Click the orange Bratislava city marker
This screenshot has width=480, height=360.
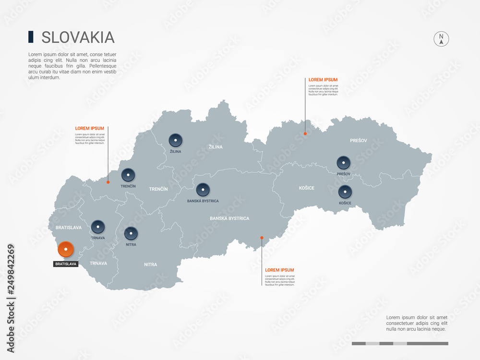tap(65, 250)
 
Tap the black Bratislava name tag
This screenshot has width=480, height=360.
tap(66, 264)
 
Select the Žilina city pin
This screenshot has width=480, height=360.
tap(176, 140)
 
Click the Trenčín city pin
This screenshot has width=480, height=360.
tap(128, 175)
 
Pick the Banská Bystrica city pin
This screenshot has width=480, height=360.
tap(203, 190)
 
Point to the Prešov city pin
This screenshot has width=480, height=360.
tap(343, 163)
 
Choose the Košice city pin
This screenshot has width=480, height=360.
tap(345, 192)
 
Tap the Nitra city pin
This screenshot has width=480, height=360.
tap(131, 234)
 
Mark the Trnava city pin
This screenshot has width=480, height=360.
tap(98, 227)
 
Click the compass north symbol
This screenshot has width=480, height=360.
tap(441, 39)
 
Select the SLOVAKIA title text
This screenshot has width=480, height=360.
tap(78, 37)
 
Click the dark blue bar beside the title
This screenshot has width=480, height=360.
tap(31, 37)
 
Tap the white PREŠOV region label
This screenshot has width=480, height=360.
tap(359, 141)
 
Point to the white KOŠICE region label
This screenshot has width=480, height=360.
tap(306, 188)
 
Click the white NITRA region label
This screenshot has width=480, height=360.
tap(151, 264)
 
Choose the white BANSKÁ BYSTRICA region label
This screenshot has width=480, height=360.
tap(229, 218)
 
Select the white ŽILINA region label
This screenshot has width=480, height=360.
tap(216, 147)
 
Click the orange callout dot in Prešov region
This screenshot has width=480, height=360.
tap(305, 133)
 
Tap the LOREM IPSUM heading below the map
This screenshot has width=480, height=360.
tap(279, 270)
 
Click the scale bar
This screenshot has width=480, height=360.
tap(400, 343)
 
